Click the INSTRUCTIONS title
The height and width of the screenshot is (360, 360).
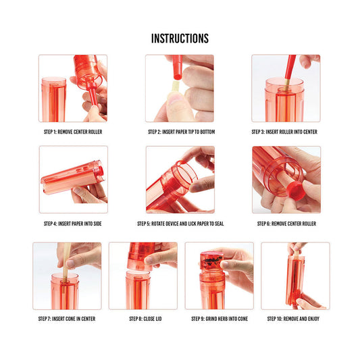(180, 38)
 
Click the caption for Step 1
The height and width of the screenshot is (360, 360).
(73, 132)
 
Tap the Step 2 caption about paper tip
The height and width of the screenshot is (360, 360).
(182, 132)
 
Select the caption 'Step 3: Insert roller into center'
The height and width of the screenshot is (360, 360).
(284, 132)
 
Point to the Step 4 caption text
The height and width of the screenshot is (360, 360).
(73, 224)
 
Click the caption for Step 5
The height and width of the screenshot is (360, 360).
(180, 224)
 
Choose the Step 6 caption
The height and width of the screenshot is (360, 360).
(286, 224)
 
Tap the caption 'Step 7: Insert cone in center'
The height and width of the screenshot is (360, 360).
(67, 319)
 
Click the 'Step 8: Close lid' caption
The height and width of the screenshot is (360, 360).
(145, 319)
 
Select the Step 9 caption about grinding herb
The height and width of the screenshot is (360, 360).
(220, 319)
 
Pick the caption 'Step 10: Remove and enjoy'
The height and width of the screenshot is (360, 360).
(293, 319)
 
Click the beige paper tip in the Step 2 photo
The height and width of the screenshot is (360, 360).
(176, 87)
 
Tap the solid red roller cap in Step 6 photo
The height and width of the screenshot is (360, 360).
(296, 190)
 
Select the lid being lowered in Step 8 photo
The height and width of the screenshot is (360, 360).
(140, 256)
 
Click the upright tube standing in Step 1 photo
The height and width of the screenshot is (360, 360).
(54, 100)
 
